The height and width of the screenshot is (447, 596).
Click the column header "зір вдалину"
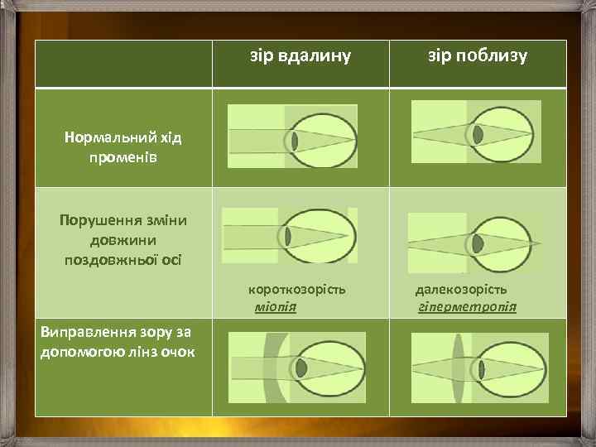pyautogui.click(x=300, y=56)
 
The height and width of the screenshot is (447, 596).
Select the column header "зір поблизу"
pyautogui.click(x=477, y=56)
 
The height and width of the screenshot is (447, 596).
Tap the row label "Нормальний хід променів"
pyautogui.click(x=123, y=147)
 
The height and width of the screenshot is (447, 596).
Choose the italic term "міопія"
pyautogui.click(x=276, y=307)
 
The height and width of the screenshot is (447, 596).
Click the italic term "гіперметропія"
pyautogui.click(x=469, y=307)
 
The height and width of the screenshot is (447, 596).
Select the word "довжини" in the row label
pyautogui.click(x=123, y=240)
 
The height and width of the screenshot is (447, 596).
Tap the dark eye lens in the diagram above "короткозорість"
pyautogui.click(x=288, y=237)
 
